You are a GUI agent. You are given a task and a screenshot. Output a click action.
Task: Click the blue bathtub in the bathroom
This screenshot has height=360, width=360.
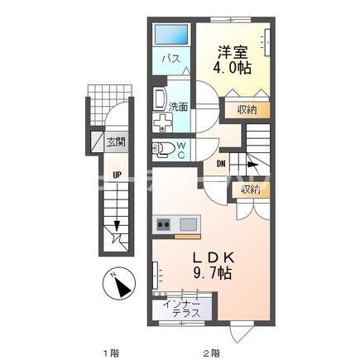(171, 35)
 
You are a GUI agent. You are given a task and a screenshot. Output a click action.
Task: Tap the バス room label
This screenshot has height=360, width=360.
(171, 59)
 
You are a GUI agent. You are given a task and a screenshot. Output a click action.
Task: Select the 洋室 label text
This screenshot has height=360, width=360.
(233, 52)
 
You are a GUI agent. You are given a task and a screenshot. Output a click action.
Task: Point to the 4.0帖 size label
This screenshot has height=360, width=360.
(232, 68)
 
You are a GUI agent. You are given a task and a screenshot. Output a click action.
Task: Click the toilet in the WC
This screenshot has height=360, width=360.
(163, 149)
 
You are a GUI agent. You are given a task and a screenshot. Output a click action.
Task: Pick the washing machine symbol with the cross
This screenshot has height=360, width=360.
(162, 122)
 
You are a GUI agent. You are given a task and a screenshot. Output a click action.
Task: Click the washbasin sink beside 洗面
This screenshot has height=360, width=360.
(160, 99)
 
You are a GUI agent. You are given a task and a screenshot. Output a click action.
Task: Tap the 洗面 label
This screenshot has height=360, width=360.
(178, 107)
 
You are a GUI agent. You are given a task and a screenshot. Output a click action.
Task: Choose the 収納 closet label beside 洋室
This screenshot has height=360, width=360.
(247, 110)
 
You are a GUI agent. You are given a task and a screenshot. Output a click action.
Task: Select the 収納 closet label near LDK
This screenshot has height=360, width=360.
(251, 190)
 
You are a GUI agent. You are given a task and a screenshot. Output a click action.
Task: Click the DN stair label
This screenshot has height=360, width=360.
(221, 164)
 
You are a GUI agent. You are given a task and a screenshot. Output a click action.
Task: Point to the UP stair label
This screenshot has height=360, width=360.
(117, 175)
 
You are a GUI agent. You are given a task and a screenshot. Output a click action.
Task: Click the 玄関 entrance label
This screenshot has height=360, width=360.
(116, 142)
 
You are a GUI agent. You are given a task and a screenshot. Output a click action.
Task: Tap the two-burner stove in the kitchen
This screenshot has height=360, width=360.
(163, 224)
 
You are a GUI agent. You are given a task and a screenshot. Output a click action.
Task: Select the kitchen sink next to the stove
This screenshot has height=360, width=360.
(189, 224)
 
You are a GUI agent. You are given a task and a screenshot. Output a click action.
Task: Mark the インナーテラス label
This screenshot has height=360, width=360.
(181, 309)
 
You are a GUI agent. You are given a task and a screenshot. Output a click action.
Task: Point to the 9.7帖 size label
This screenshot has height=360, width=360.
(213, 273)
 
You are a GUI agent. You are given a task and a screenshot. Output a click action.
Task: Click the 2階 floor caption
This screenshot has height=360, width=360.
(212, 353)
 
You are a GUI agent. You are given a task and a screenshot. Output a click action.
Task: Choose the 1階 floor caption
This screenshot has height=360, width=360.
(111, 353)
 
